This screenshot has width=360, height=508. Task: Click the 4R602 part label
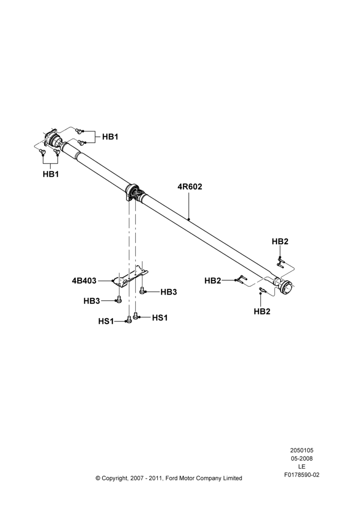tap(190, 186)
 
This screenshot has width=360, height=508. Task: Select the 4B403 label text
tap(84, 280)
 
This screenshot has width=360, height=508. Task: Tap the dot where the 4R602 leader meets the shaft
tap(189, 219)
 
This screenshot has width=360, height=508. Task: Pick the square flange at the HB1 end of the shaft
tap(51, 139)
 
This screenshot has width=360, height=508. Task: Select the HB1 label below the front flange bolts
tap(51, 174)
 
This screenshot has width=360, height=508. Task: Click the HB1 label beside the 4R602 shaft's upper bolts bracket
tap(110, 137)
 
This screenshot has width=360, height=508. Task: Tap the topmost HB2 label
tap(280, 241)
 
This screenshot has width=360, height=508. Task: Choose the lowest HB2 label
tap(262, 311)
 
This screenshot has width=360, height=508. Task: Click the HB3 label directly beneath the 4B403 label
tap(92, 301)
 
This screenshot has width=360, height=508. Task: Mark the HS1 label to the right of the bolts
tap(160, 318)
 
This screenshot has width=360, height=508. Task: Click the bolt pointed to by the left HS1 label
tap(129, 320)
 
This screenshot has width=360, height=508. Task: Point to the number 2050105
tap(302, 450)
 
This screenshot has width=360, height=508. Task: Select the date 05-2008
tap(302, 458)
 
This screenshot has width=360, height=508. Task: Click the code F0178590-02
tap(302, 475)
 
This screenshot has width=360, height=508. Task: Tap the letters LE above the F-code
tap(302, 467)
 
